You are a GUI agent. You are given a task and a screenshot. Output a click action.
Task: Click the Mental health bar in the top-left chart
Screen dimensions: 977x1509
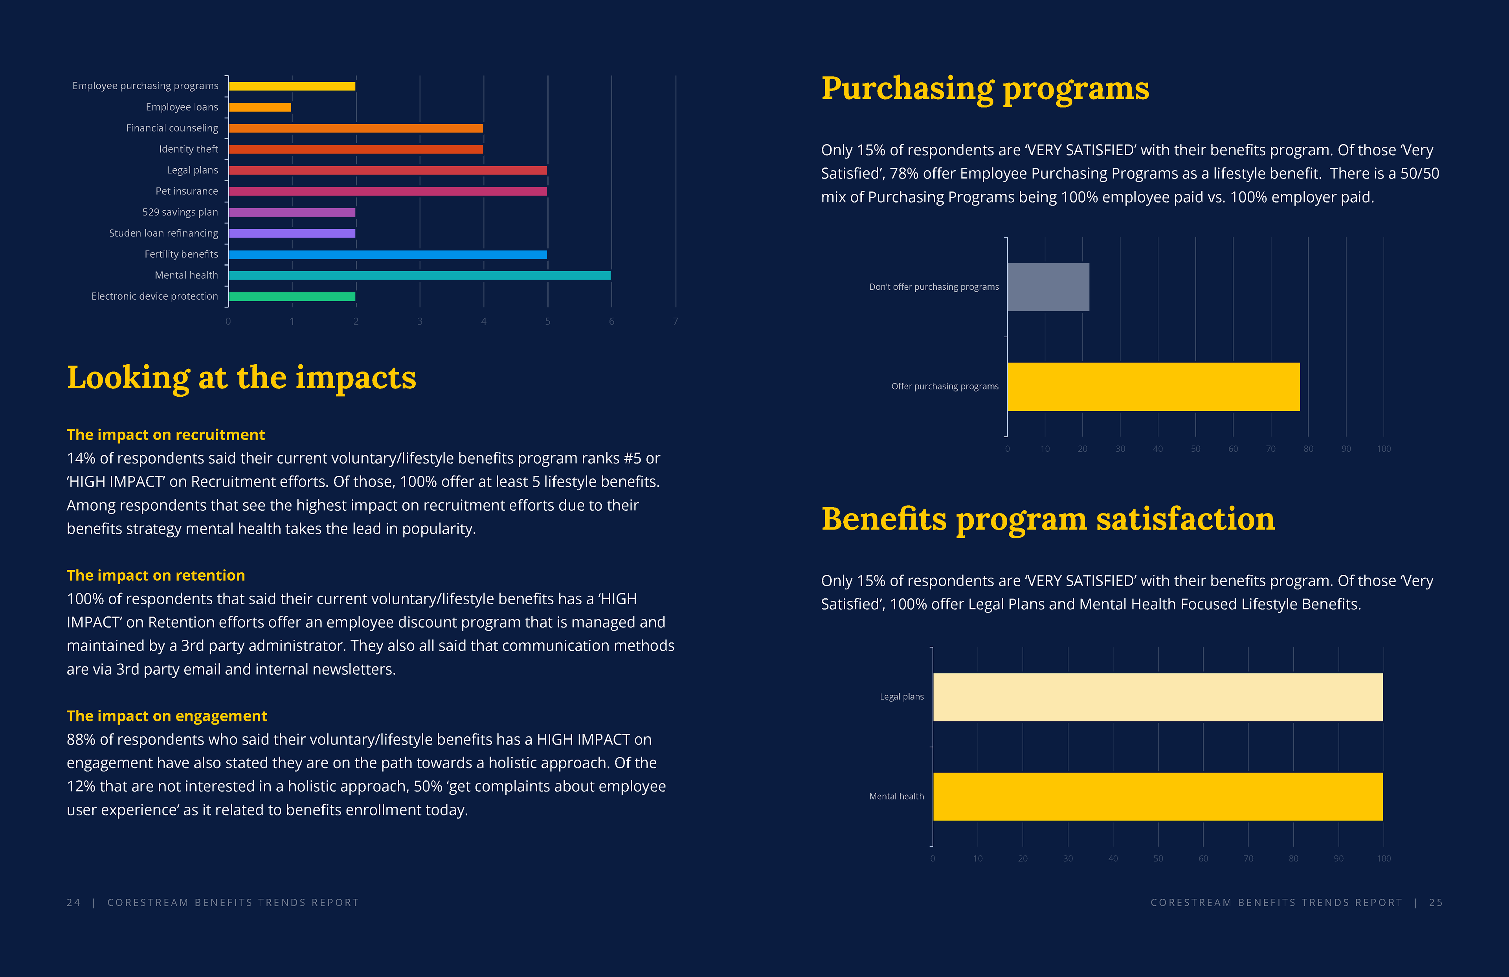point(419,275)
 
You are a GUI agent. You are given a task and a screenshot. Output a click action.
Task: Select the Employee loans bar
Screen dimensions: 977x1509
point(260,107)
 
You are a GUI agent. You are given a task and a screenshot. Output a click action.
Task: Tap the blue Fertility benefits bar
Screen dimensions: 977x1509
point(387,254)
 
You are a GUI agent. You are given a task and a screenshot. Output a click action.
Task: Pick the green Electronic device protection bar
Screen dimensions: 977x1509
point(292,296)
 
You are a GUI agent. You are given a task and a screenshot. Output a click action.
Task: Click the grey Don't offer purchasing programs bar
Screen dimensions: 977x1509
point(1048,287)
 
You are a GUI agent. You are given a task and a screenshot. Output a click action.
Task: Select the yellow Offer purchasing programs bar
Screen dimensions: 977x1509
point(1153,386)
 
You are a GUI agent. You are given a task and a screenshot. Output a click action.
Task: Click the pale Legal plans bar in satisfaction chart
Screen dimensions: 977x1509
point(1158,697)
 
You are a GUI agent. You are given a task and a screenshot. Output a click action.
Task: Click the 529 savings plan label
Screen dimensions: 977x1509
point(180,212)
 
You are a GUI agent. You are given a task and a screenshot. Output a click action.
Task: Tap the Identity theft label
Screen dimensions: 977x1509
point(188,149)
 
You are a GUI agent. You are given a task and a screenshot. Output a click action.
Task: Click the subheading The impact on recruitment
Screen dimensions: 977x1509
point(165,434)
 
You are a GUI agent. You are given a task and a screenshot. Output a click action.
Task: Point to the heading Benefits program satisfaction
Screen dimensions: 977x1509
point(1047,519)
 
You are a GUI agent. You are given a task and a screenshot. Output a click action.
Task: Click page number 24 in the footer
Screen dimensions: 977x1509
point(73,902)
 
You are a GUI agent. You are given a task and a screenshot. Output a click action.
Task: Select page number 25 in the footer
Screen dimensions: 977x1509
point(1436,902)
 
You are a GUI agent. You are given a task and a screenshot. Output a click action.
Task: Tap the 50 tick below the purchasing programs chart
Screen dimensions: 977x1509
point(1195,449)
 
